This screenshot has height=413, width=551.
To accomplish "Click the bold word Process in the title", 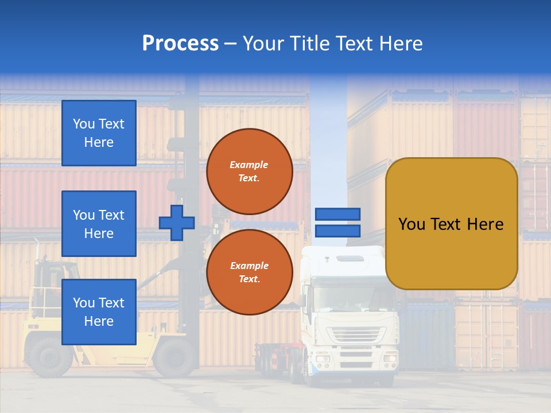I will pyautogui.click(x=180, y=44).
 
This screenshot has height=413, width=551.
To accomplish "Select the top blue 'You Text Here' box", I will pyautogui.click(x=99, y=133).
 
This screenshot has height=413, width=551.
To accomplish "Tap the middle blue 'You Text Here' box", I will pyautogui.click(x=99, y=224).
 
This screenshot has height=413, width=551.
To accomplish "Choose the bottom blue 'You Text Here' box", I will pyautogui.click(x=99, y=312).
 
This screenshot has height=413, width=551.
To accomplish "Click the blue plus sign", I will pyautogui.click(x=176, y=223).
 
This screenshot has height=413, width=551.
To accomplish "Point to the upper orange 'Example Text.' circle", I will pyautogui.click(x=249, y=172).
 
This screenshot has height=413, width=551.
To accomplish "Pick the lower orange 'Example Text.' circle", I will pyautogui.click(x=249, y=272).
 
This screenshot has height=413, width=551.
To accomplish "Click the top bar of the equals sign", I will pyautogui.click(x=337, y=215).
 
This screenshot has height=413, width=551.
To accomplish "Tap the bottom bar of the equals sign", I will pyautogui.click(x=337, y=231).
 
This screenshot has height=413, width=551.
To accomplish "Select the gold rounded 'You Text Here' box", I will pyautogui.click(x=451, y=224).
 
